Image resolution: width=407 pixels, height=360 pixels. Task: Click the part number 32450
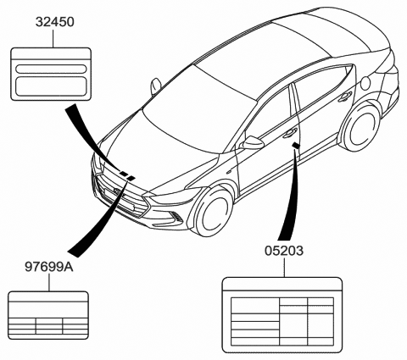54,22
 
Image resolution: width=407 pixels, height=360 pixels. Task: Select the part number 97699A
49,267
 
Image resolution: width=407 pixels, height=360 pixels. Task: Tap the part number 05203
284,251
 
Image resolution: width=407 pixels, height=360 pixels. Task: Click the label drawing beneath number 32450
51,74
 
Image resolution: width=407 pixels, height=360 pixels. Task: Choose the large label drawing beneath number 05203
282,315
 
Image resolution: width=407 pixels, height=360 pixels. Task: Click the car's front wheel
213,211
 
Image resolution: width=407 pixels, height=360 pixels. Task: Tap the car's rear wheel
360,128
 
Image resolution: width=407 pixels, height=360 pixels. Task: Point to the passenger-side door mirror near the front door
252,142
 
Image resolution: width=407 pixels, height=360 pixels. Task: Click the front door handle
289,133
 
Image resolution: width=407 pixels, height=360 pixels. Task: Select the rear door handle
345,97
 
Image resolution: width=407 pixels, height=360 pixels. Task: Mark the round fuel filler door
366,81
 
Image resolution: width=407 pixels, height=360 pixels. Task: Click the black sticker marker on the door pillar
296,146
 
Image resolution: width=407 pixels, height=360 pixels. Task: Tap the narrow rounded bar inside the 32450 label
51,69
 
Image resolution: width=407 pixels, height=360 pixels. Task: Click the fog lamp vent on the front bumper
176,217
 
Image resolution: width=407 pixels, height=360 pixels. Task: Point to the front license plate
118,198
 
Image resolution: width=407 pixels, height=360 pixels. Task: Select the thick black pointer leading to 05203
290,196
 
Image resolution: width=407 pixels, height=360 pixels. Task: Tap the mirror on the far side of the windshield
155,86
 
